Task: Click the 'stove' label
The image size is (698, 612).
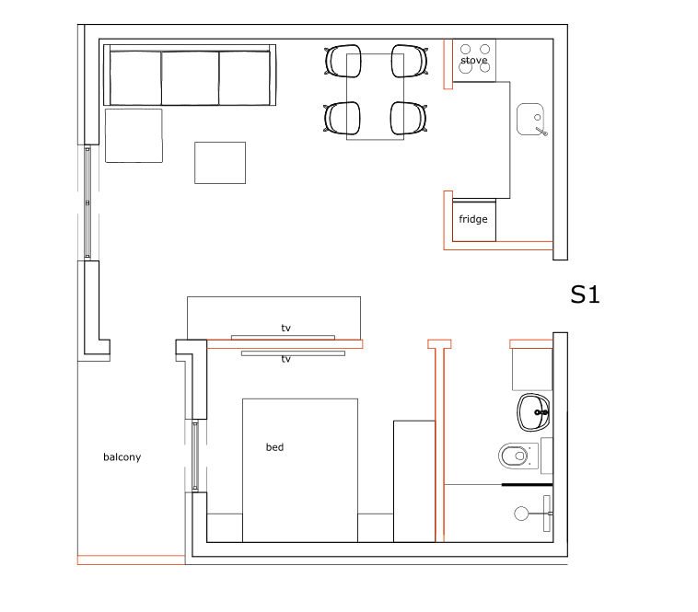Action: pos(473,60)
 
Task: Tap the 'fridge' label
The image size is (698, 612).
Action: pos(472,219)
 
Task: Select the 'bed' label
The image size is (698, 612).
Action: pos(274,447)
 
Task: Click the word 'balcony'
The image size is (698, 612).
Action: pos(122,457)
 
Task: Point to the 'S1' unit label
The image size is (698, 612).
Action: pos(585,294)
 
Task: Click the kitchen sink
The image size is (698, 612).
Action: pos(531,120)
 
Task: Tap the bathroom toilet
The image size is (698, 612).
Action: pos(518,456)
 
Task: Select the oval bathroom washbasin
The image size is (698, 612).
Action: pos(533,412)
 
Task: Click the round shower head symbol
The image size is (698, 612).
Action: pos(521,514)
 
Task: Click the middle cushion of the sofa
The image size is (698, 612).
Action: pos(190,78)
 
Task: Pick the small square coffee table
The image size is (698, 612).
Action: pos(220,163)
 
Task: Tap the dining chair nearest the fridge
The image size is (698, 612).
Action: pos(409,118)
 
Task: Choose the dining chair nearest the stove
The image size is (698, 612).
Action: pos(410,61)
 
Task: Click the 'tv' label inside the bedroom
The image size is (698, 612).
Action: pos(285,359)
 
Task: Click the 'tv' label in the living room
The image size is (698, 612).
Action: pos(285,329)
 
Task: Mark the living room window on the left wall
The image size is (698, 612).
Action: pos(87,202)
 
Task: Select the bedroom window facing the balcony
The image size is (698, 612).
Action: pos(195,456)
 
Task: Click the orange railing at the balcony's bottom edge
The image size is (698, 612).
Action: pos(131,560)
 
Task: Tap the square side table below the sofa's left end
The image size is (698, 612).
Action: pos(134,135)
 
